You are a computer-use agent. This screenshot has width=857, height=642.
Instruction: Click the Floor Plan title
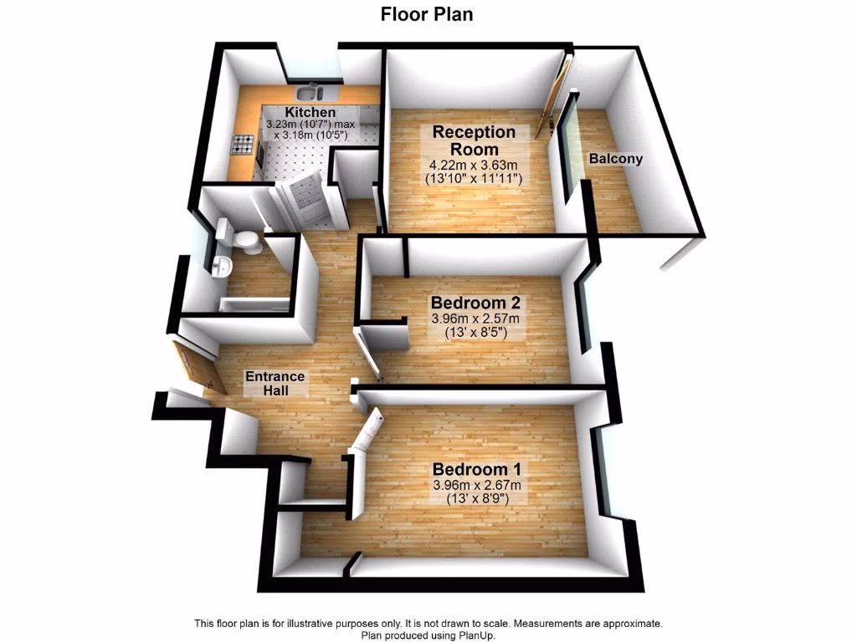pyautogui.click(x=428, y=13)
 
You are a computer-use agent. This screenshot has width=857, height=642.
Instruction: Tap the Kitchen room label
pyautogui.click(x=310, y=112)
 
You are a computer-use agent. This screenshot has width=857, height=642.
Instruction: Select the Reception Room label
pyautogui.click(x=474, y=140)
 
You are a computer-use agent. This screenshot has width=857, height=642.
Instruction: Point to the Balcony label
pyautogui.click(x=615, y=159)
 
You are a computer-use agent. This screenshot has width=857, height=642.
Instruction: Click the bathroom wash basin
pyautogui.click(x=222, y=266)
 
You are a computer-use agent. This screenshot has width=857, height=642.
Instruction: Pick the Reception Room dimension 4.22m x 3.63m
pyautogui.click(x=474, y=165)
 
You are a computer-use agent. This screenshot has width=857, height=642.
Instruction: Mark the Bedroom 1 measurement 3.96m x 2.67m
pyautogui.click(x=476, y=486)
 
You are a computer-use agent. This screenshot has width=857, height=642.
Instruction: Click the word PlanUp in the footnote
pyautogui.click(x=475, y=635)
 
